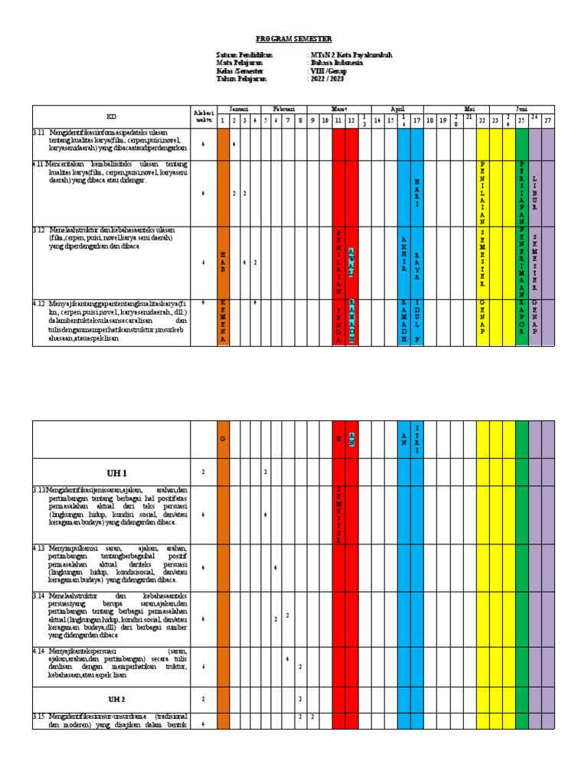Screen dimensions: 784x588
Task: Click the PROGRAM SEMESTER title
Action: [294, 39]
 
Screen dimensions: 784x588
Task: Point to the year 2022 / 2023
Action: [326, 78]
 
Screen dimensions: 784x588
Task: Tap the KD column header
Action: [111, 116]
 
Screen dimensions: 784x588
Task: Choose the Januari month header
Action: [229, 109]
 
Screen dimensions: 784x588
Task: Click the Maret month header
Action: [338, 109]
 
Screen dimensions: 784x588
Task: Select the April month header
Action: [397, 109]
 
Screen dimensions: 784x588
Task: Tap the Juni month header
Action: [522, 109]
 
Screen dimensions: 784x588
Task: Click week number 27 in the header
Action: [547, 120]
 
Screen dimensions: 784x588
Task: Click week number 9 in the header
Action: [312, 120]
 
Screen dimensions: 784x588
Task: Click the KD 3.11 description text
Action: [111, 142]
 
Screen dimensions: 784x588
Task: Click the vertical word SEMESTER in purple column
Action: [534, 260]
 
